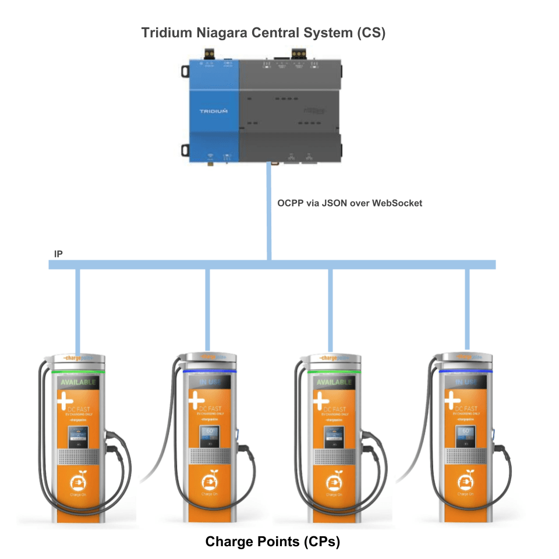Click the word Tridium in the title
tap(165, 33)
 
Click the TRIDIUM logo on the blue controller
tap(213, 111)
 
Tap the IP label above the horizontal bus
tap(58, 254)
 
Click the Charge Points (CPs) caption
tap(273, 542)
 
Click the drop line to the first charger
tap(77, 309)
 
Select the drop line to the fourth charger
tap(466, 309)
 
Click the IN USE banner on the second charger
tap(210, 383)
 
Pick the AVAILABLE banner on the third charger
tap(334, 383)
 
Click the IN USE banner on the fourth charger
tap(466, 382)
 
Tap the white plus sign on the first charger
tap(65, 402)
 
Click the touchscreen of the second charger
tap(209, 436)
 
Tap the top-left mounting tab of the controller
tap(184, 71)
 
